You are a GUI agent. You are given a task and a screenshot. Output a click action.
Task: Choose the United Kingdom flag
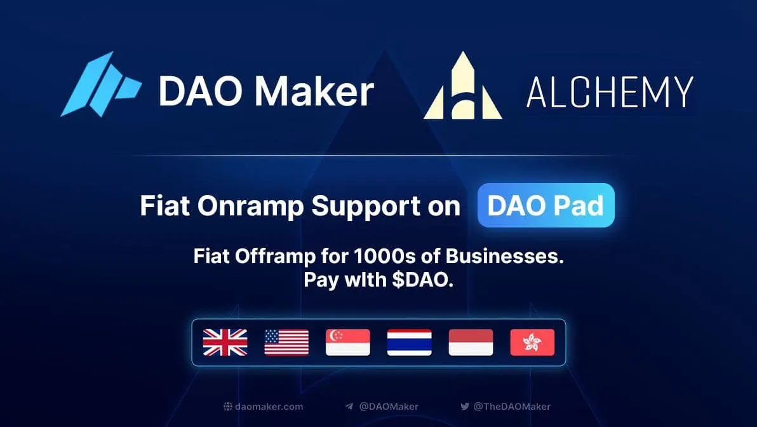coord(225,342)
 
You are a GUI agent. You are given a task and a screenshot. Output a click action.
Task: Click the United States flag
coord(286,342)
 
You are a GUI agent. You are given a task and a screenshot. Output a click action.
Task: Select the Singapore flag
coord(348,342)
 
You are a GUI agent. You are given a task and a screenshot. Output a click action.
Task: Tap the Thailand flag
coord(410,342)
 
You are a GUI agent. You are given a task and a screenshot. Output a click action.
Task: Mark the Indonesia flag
coord(471,342)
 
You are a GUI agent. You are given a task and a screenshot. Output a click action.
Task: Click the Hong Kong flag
coord(532,342)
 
